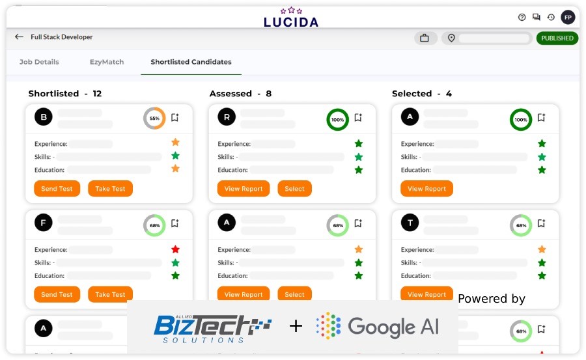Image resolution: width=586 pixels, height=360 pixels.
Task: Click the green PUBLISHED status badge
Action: [557, 38]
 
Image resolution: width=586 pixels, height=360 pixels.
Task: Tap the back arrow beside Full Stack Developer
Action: [19, 36]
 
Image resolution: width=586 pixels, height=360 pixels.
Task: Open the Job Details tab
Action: [39, 62]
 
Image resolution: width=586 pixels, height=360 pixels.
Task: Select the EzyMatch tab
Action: [107, 62]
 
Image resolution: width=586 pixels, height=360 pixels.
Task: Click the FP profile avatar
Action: [568, 17]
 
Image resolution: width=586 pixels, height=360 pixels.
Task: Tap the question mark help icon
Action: [522, 17]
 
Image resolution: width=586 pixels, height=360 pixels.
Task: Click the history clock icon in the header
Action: [551, 17]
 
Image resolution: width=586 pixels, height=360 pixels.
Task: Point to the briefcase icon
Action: [425, 38]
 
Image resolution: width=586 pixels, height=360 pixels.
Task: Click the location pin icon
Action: [451, 38]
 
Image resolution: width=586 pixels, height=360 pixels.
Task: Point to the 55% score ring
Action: [154, 118]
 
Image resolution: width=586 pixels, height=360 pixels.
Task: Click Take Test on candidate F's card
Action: [110, 294]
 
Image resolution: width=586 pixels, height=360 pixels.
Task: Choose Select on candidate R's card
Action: [294, 189]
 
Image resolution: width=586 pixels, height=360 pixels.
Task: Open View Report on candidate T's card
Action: [426, 294]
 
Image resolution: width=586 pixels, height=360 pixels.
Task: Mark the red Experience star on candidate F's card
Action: [175, 249]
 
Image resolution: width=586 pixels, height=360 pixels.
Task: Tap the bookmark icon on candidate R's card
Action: [358, 117]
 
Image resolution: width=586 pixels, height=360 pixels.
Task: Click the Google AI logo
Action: [378, 326]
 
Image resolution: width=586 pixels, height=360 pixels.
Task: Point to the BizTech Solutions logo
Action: [213, 329]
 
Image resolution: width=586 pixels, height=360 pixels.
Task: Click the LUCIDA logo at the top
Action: [291, 18]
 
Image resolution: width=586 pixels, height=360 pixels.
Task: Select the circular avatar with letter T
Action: [410, 223]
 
